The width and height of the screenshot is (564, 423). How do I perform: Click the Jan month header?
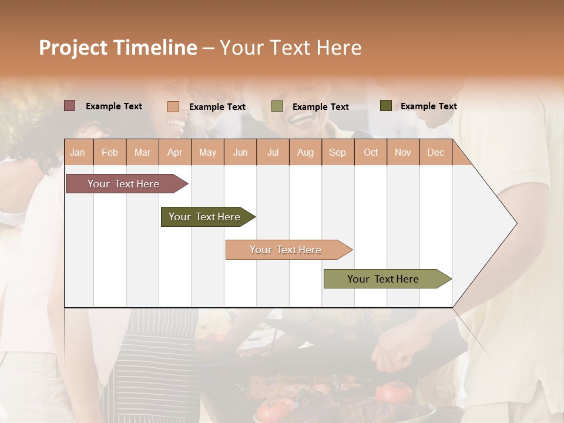coord(78,153)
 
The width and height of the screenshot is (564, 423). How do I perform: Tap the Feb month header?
coord(110,153)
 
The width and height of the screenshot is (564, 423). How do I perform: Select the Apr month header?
coord(174,153)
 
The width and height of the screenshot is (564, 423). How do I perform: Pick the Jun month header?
coord(240,153)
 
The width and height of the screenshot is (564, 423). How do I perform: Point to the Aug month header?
coord(305,153)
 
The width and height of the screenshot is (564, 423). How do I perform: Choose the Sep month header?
coord(337,153)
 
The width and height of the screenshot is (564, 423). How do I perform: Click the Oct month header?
coord(371,153)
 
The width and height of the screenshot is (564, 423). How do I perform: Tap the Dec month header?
coord(435,153)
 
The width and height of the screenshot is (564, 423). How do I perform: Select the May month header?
coord(207,153)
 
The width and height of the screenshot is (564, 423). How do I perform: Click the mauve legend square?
coord(70,106)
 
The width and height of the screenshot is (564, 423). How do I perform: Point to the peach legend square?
coord(173,106)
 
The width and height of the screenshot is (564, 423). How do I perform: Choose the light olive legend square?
coord(277,106)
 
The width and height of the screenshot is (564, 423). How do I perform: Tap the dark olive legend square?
coord(386,106)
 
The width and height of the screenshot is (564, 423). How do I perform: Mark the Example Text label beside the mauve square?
coord(114,106)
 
